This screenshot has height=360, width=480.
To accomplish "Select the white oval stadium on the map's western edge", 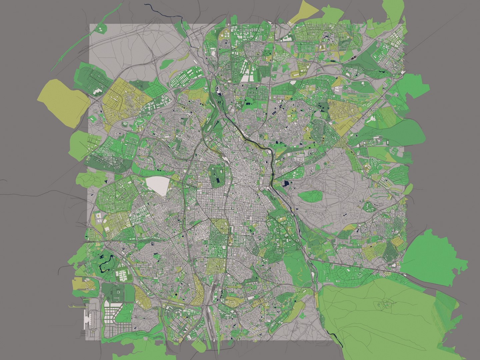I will coord(99,218).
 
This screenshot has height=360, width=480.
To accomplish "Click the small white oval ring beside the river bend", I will coord(269,152).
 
